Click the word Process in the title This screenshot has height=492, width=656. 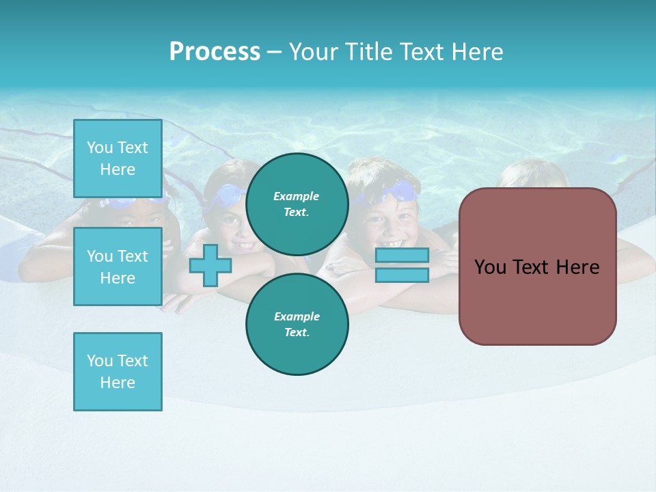[215, 52]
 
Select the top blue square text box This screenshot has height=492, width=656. [118, 159]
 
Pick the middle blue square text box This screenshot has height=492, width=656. [118, 266]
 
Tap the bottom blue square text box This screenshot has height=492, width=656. [118, 371]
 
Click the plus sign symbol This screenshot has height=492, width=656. [210, 265]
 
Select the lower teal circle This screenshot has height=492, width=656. [297, 325]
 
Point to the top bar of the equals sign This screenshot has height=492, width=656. [402, 256]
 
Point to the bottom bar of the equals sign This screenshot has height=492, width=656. [402, 275]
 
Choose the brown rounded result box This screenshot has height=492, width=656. [537, 266]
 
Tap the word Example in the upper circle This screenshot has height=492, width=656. [297, 196]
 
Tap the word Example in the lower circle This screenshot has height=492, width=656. [297, 316]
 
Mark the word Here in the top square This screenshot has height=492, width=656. [118, 169]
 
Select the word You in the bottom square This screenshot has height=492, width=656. [99, 361]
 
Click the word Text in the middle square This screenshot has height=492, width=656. [132, 256]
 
